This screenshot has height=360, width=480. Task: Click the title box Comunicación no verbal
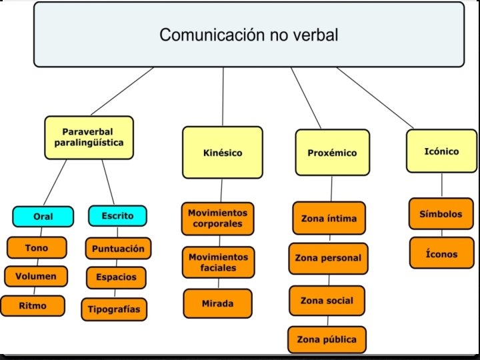pos(249,34)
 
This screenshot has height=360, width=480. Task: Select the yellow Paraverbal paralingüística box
pos(89,137)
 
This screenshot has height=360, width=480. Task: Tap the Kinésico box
pos(223,153)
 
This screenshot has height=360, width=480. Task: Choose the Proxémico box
pos(332,153)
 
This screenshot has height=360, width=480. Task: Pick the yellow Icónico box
pos(441,151)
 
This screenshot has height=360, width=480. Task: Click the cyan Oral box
pos(43,216)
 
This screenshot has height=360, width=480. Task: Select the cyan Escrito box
pos(117,215)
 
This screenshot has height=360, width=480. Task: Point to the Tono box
pos(37,248)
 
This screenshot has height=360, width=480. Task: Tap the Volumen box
pos(37,276)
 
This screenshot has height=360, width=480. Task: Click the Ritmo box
pos(33,305)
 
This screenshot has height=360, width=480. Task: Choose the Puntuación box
pos(118,249)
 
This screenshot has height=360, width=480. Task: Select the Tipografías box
pos(114,309)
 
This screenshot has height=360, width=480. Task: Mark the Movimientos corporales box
pos(217,218)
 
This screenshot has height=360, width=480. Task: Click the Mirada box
pos(217,303)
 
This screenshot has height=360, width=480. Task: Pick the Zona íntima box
pos(329,218)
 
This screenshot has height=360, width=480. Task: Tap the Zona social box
pos(327,301)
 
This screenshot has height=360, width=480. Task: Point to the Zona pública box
pos(327,339)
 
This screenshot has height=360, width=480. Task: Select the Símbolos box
pos(441,214)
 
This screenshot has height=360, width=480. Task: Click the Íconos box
pos(441,253)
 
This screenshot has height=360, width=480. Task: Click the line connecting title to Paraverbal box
pos(124,91)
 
